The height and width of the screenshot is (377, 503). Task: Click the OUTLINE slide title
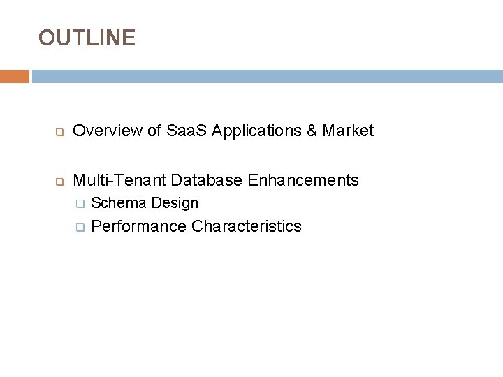87,38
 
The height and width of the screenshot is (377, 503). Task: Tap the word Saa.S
187,131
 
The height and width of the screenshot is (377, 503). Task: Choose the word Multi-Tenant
119,180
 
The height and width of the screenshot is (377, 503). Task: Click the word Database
206,180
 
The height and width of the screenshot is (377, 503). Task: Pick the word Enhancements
302,180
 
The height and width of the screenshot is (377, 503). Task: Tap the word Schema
119,203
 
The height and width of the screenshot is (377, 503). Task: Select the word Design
175,203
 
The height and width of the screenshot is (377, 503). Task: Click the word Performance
139,226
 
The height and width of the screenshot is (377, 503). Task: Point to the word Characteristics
247,226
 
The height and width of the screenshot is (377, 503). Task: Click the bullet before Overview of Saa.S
59,132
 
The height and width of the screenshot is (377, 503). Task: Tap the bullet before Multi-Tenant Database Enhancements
59,182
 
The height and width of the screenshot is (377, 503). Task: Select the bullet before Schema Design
80,205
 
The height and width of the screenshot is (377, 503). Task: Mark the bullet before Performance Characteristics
80,228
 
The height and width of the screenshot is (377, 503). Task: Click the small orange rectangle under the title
15,76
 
